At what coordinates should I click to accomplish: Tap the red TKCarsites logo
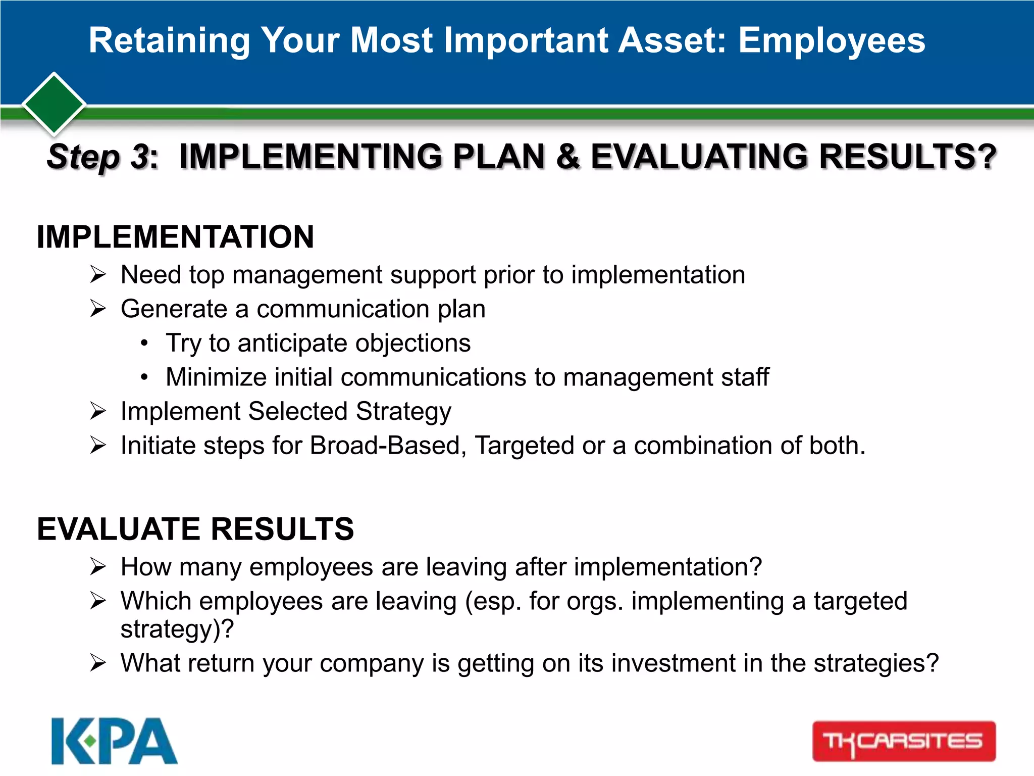pyautogui.click(x=904, y=741)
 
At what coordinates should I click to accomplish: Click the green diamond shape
pyautogui.click(x=54, y=104)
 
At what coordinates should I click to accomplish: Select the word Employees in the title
pyautogui.click(x=832, y=40)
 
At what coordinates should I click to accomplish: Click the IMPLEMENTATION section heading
pyautogui.click(x=175, y=236)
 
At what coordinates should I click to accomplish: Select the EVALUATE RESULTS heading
pyautogui.click(x=195, y=529)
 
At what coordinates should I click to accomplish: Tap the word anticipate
pyautogui.click(x=292, y=344)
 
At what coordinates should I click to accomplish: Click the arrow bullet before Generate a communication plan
pyautogui.click(x=98, y=309)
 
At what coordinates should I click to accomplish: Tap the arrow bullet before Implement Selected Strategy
pyautogui.click(x=98, y=411)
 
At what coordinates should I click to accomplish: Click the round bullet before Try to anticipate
pyautogui.click(x=144, y=344)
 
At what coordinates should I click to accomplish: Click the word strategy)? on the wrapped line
pyautogui.click(x=177, y=629)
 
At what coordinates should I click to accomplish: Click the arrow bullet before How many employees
pyautogui.click(x=98, y=567)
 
